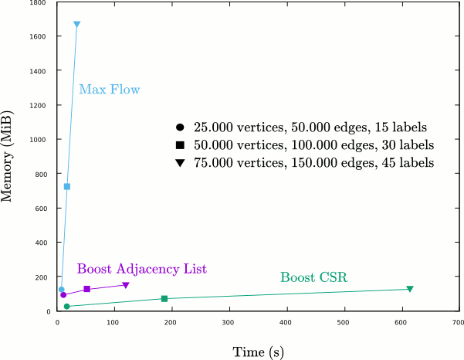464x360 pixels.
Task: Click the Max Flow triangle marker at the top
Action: click(x=76, y=25)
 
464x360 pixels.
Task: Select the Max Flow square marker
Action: click(x=67, y=186)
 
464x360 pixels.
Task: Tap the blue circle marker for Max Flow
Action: click(x=62, y=290)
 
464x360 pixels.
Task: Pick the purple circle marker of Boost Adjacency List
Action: click(x=63, y=295)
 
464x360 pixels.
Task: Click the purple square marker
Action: click(x=87, y=289)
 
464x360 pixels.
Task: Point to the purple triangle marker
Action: click(x=126, y=286)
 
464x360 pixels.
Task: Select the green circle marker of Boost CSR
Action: click(x=67, y=307)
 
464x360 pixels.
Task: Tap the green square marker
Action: click(x=164, y=298)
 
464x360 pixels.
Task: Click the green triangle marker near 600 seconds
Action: click(x=410, y=290)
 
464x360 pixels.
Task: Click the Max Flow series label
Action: click(x=110, y=90)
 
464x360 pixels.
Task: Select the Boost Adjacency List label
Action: click(x=142, y=269)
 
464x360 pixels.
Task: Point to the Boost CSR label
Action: click(x=313, y=277)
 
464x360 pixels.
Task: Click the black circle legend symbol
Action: click(x=180, y=127)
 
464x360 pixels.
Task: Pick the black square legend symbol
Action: click(x=180, y=145)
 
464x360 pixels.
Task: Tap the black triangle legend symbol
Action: click(x=180, y=164)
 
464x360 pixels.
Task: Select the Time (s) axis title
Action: click(x=259, y=352)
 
